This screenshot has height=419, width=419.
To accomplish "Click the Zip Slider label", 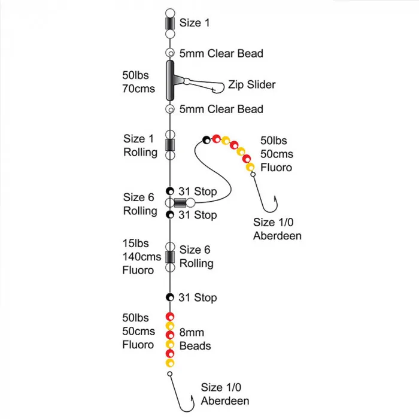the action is coord(252,85).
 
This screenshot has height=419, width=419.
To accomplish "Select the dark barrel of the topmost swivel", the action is coord(170,23).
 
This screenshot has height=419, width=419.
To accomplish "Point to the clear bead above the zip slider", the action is coord(170,53).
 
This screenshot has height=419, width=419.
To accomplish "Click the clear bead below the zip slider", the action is coord(170,109).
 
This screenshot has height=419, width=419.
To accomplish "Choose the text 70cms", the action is coord(138,89).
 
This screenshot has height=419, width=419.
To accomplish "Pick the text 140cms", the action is coord(142,257).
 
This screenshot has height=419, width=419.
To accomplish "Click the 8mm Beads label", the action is coord(195,339).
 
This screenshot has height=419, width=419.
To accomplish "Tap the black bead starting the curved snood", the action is coord(207,139).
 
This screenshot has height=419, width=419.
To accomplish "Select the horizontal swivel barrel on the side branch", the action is coord(180,203).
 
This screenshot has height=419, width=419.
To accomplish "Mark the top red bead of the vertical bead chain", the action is coord(170,317).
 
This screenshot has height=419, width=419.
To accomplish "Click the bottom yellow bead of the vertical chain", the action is coord(170,363).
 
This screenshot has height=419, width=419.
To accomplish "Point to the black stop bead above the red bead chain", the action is coord(170,297).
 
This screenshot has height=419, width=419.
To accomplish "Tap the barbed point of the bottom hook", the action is coord(192,397).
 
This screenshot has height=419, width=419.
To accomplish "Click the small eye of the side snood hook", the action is coord(253,174).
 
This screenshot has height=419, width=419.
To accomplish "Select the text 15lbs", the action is coord(135,243).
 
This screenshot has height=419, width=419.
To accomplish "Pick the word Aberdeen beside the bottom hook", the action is coord(225,401).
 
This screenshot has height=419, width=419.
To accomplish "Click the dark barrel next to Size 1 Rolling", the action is coord(170,145).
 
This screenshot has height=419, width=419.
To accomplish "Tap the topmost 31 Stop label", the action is coord(198,192).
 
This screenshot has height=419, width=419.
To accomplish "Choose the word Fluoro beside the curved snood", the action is coord(276,168).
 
